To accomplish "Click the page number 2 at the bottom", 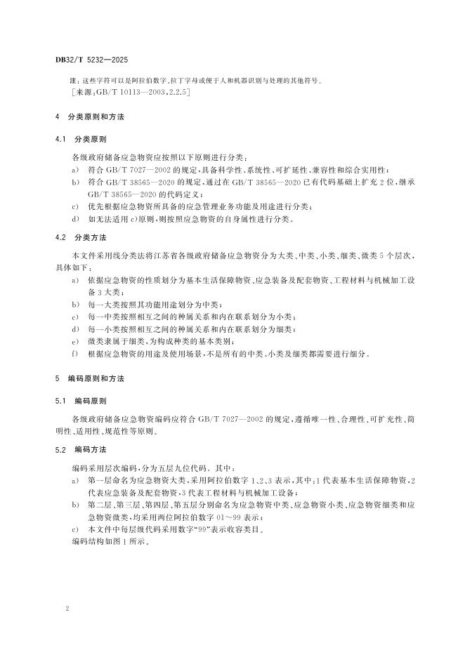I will click(67, 610).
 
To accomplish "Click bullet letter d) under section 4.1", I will click(74, 219).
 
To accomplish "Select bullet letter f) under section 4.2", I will click(74, 354).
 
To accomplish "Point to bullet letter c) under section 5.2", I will click(74, 530).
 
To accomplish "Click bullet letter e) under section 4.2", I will click(74, 342).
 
